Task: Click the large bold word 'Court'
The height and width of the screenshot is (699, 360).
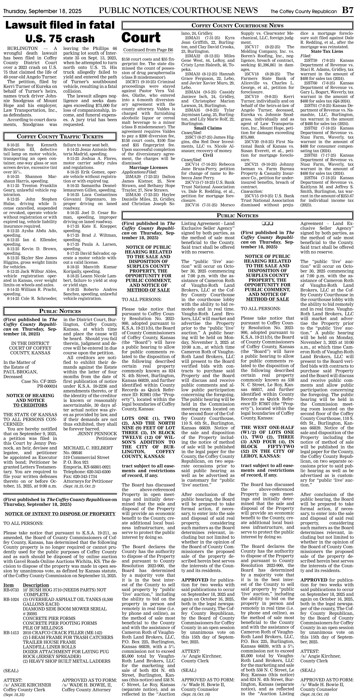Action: click(141, 37)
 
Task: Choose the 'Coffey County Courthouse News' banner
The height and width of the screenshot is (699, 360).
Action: click(237, 26)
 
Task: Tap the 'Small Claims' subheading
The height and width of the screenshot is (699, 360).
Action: click(208, 128)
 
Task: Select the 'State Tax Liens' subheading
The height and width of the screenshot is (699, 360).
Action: click(327, 51)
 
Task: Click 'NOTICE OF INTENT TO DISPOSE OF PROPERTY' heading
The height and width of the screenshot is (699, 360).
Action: click(60, 514)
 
